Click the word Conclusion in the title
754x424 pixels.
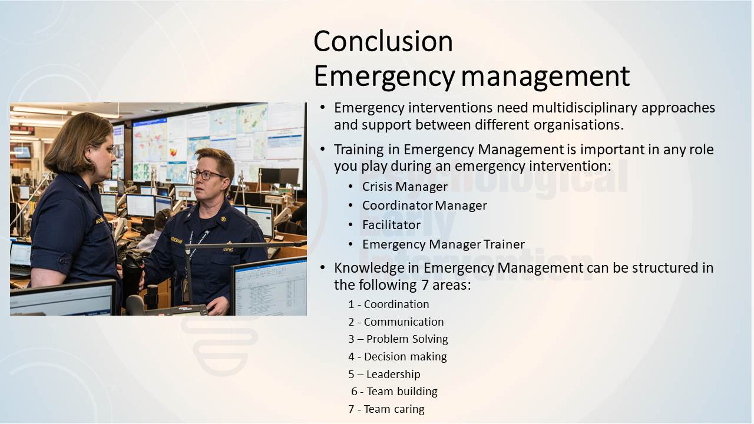pyautogui.click(x=383, y=41)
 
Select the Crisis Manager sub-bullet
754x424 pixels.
pyautogui.click(x=405, y=187)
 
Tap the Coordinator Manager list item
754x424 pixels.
pyautogui.click(x=425, y=206)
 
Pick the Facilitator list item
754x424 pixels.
pyautogui.click(x=391, y=225)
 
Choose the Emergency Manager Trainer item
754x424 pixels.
pyautogui.click(x=444, y=244)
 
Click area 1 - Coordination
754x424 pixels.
pyautogui.click(x=389, y=304)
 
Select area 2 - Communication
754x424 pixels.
pyautogui.click(x=396, y=322)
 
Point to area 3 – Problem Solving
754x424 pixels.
pyautogui.click(x=398, y=339)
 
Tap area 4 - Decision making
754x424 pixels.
pyautogui.click(x=398, y=357)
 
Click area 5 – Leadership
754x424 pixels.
pyautogui.click(x=385, y=374)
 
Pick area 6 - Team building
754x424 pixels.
pyautogui.click(x=394, y=392)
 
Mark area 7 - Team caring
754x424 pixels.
pyautogui.click(x=386, y=409)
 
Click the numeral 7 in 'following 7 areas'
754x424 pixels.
pyautogui.click(x=425, y=286)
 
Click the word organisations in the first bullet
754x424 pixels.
pyautogui.click(x=578, y=125)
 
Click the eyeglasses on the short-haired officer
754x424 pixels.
pyautogui.click(x=206, y=174)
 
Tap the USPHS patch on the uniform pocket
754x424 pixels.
pyautogui.click(x=228, y=249)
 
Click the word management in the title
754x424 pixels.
pyautogui.click(x=545, y=77)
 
